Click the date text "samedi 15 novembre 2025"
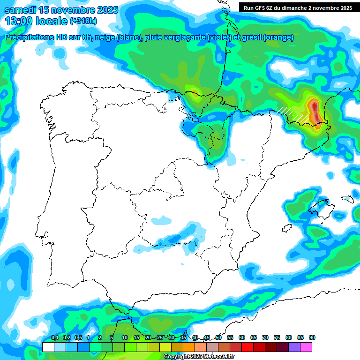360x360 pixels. pyautogui.click(x=61, y=10)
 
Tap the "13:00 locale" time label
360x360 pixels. pyautogui.click(x=36, y=21)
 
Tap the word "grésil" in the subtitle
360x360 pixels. pyautogui.click(x=251, y=37)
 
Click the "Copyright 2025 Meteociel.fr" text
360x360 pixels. pyautogui.click(x=199, y=357)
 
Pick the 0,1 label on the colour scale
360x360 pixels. pyautogui.click(x=54, y=338)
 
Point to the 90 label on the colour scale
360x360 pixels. pyautogui.click(x=312, y=338)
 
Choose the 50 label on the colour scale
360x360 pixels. pyautogui.click(x=218, y=338)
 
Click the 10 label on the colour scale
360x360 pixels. pyautogui.click(x=125, y=338)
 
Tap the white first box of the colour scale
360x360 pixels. pyautogui.click(x=48, y=347)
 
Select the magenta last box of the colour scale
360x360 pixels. pyautogui.click(x=306, y=347)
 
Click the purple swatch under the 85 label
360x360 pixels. pyautogui.click(x=294, y=347)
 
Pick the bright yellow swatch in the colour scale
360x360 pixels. pyautogui.click(x=165, y=347)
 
